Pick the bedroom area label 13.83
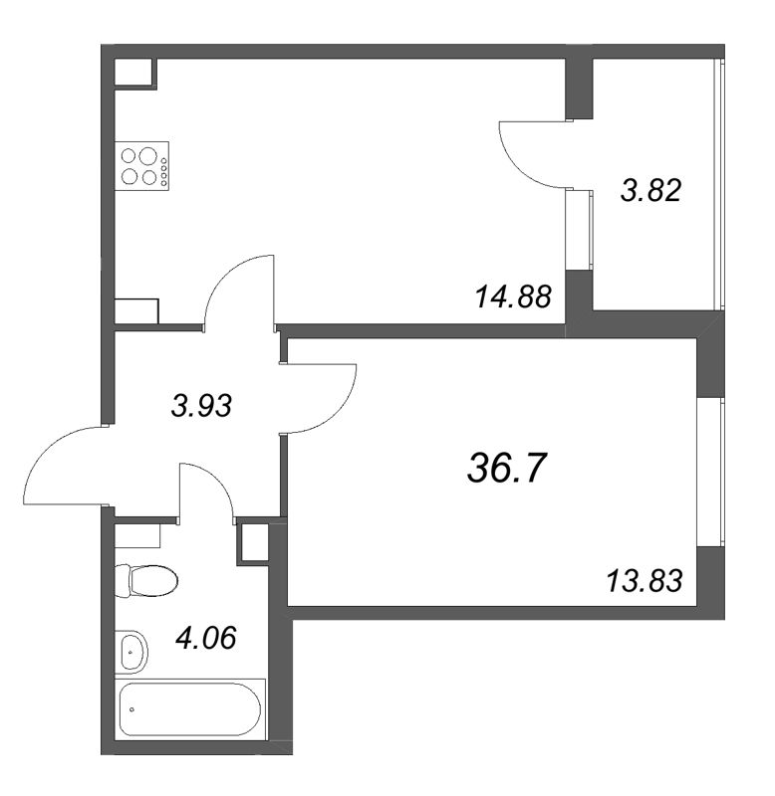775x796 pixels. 645,580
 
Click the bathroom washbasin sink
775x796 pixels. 131,651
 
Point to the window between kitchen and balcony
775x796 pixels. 578,228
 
